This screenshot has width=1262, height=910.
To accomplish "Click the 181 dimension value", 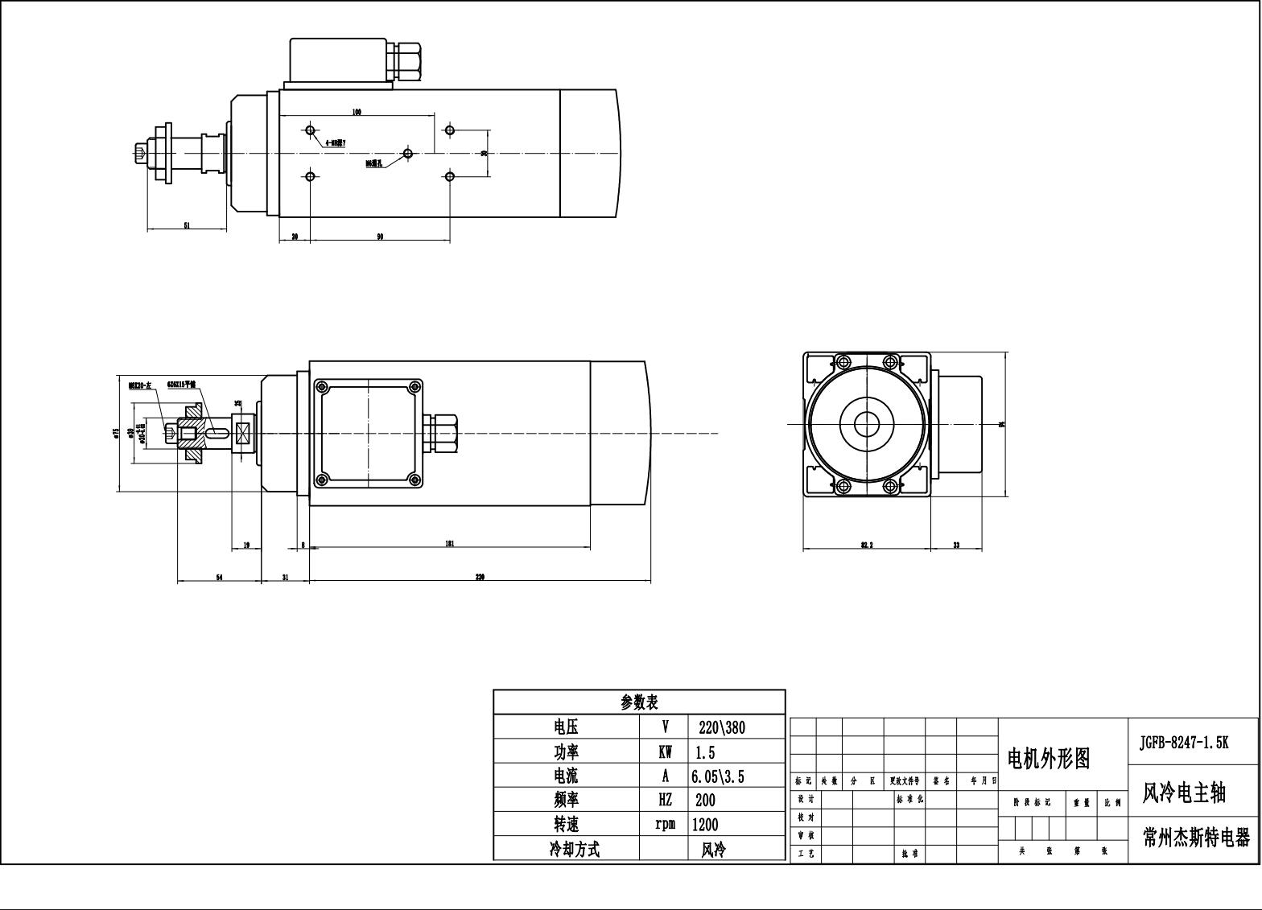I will pos(450,544).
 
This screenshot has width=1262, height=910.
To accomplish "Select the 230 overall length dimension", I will pos(480,577).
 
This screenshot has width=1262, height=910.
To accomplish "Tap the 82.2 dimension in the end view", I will pos(867,546).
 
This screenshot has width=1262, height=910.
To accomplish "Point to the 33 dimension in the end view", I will pos(956,546).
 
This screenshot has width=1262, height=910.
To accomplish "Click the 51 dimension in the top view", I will pos(187,226).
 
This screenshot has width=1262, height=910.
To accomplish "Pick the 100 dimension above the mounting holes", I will pos(357,112).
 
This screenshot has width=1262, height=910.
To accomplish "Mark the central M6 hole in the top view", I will pos(408,153).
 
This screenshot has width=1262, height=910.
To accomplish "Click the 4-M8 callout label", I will pos(336,143).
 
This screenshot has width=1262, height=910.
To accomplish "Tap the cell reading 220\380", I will pos(722,727).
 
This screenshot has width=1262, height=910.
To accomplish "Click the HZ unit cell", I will pos(665,800).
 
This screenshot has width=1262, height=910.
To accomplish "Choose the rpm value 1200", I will pos(705,825).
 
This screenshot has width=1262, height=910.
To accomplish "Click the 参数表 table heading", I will pos(639,702).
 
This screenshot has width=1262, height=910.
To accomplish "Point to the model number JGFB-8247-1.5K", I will pos(1184,742).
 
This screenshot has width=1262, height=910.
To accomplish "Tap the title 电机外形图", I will pos(1049,758).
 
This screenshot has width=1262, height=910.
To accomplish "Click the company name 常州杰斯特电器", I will pos(1196,838).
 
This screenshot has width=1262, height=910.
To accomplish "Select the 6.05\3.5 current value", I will pos(717,776).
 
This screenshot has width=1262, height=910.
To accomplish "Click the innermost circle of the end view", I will pos(867,422).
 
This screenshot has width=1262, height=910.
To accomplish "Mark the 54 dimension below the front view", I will pos(219,577).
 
